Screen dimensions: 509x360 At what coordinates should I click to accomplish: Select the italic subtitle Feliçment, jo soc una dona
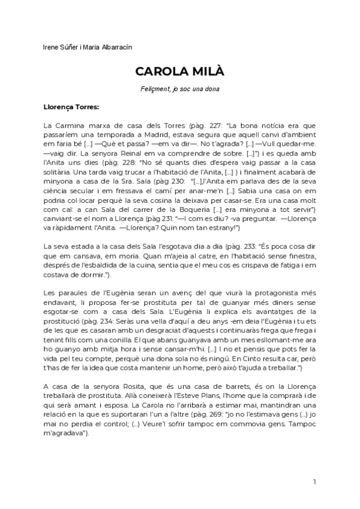click(x=179, y=89)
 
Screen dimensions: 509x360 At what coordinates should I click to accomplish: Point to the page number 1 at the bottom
click(x=314, y=482)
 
